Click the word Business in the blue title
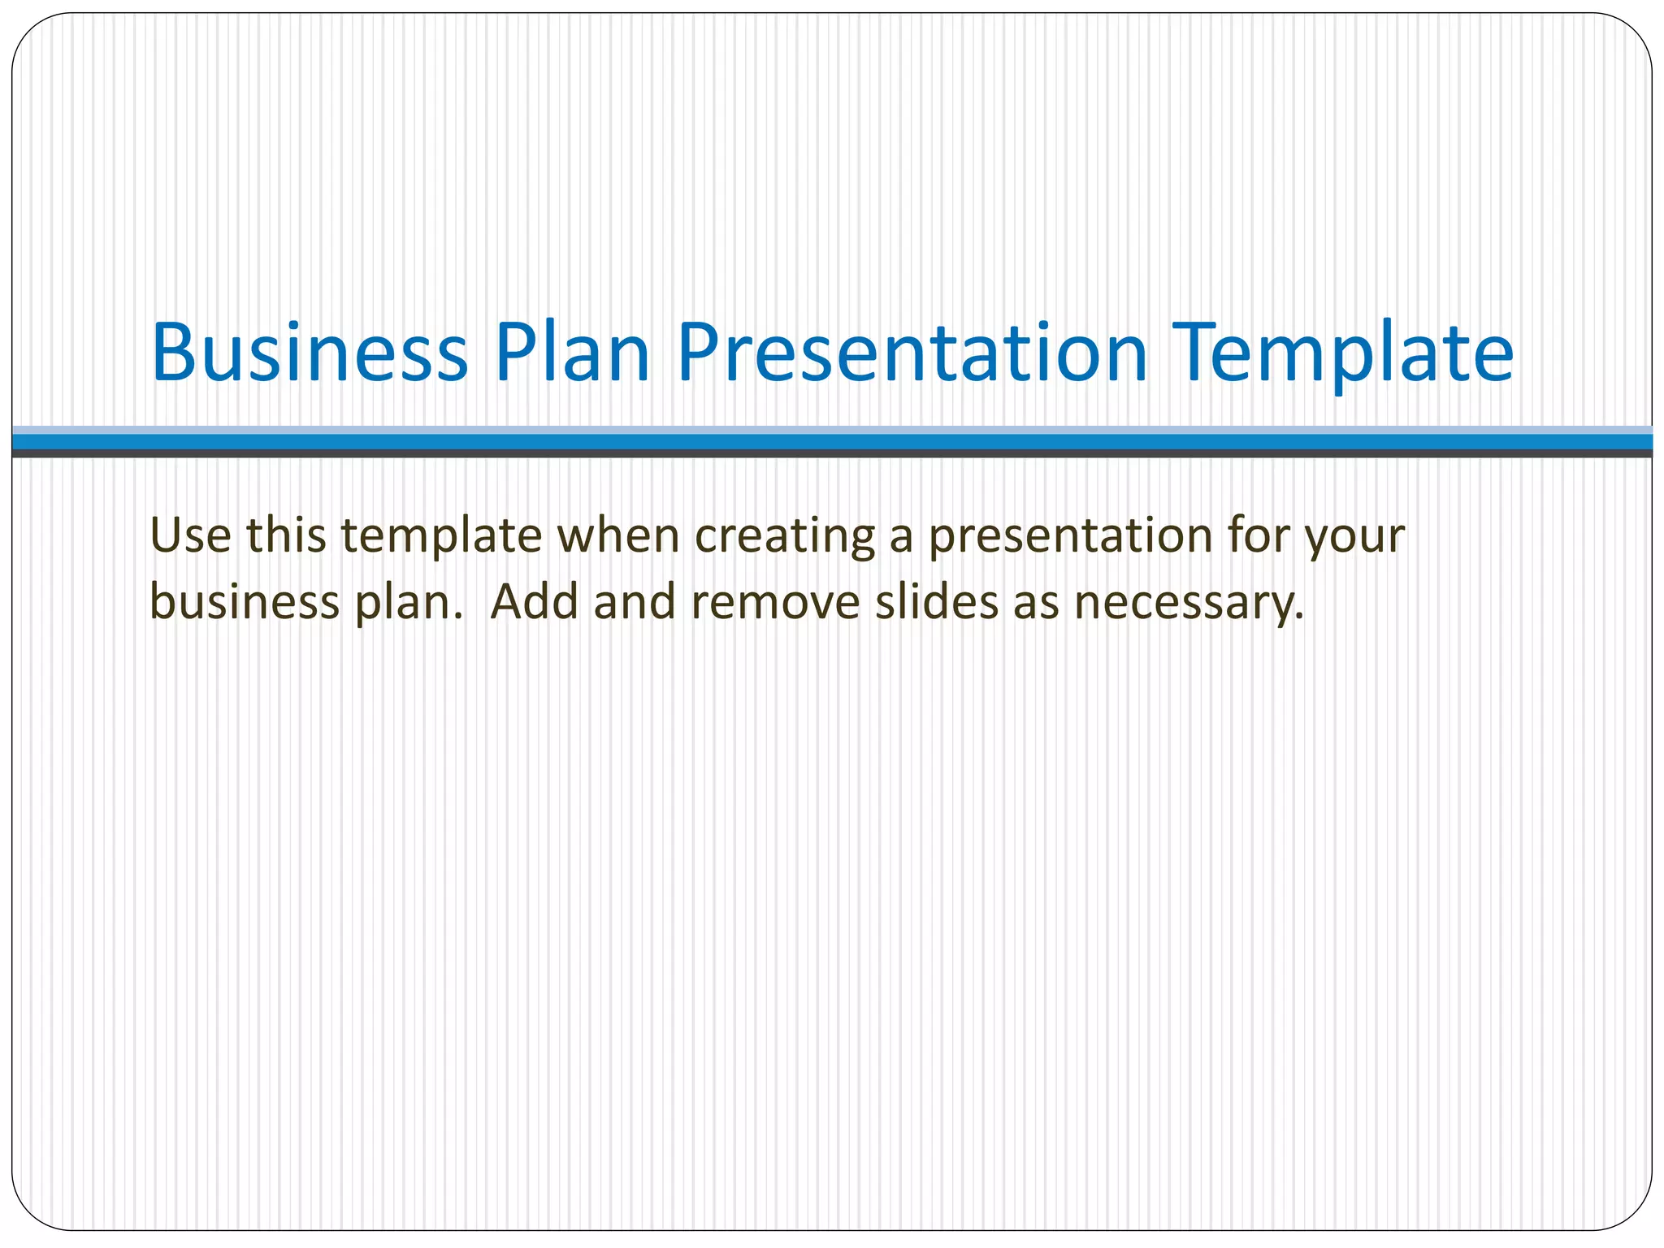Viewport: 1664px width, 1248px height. [x=310, y=353]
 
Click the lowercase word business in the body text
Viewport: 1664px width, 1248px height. [x=245, y=602]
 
